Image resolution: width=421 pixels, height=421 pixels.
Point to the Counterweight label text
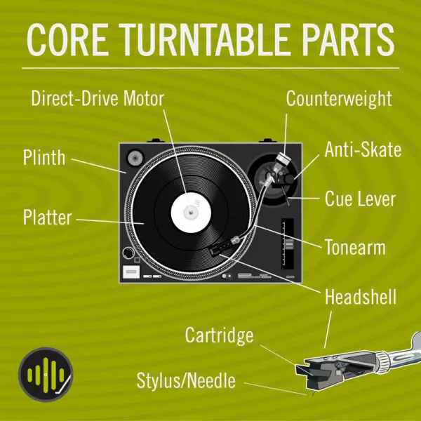click(339, 98)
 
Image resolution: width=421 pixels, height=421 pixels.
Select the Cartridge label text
click(219, 335)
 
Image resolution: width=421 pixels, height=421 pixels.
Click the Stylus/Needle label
click(186, 382)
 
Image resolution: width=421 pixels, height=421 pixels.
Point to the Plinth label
click(44, 156)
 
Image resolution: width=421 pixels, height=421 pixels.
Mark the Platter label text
click(47, 218)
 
